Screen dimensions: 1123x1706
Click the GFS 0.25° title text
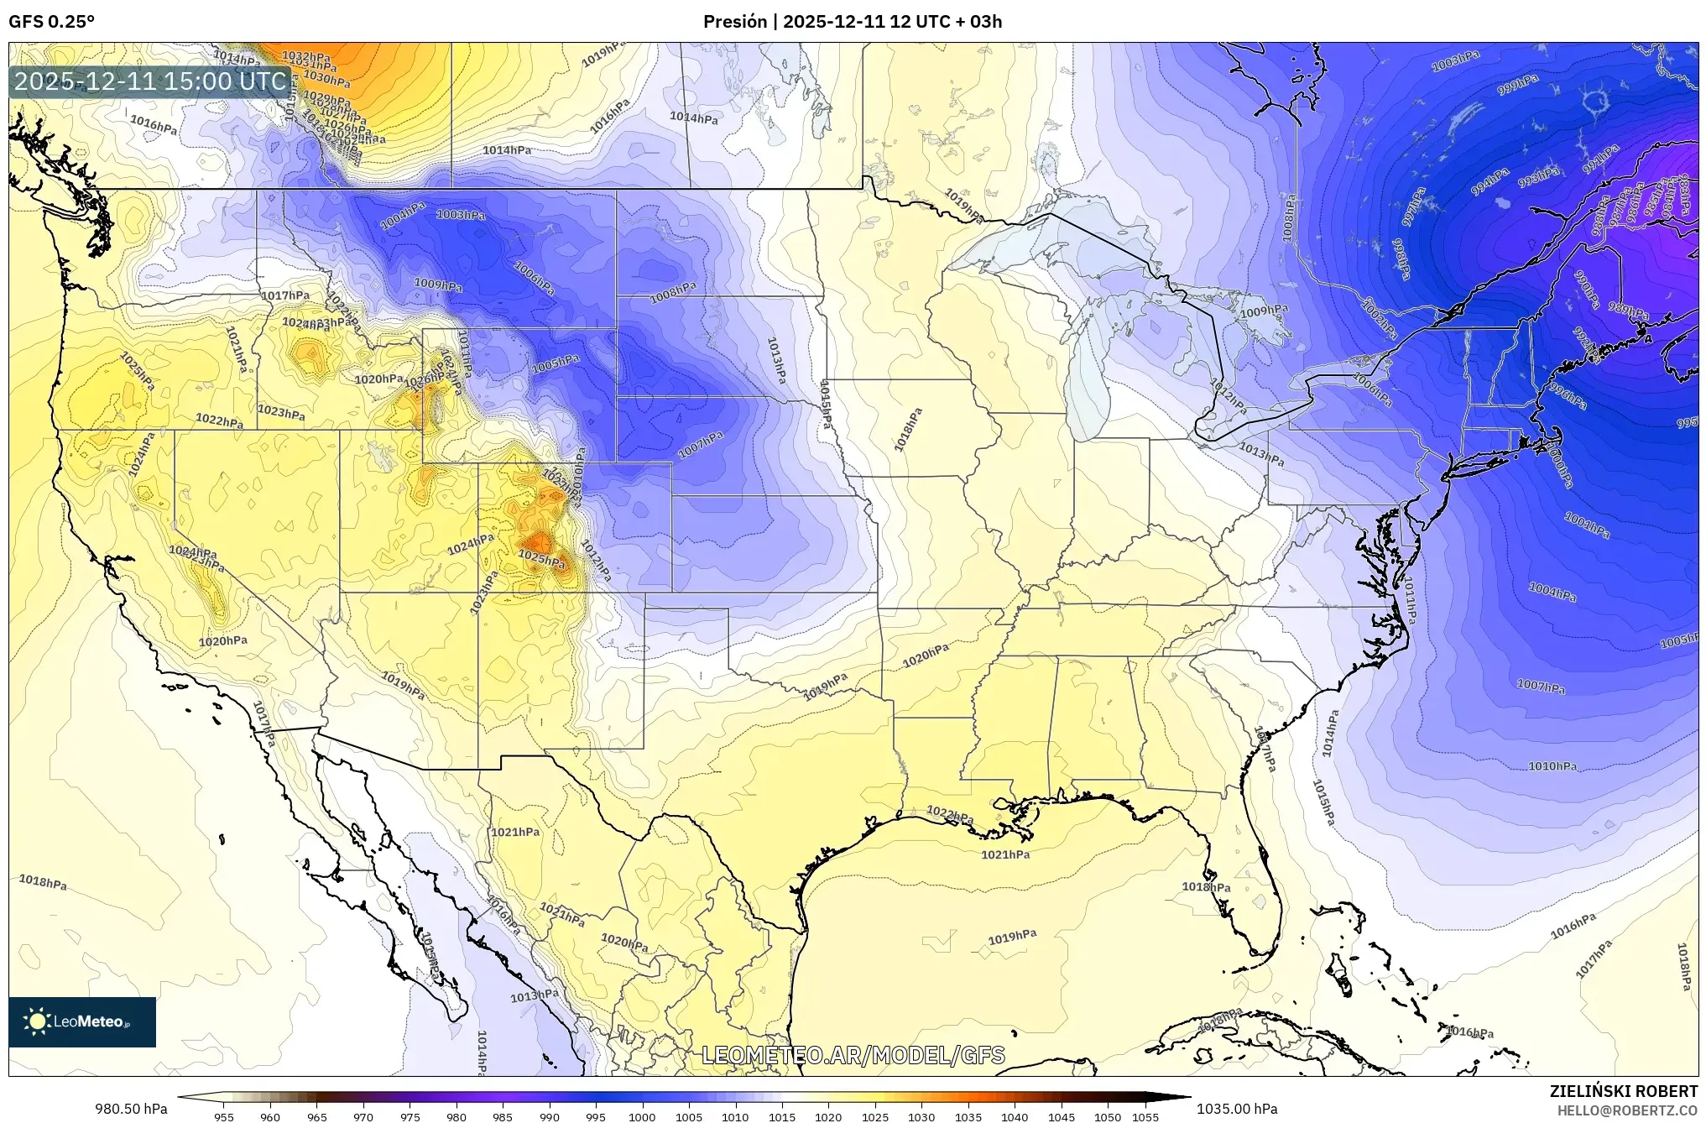pyautogui.click(x=51, y=22)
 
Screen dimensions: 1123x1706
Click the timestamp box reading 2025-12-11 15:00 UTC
pyautogui.click(x=151, y=81)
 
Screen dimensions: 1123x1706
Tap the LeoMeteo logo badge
pyautogui.click(x=82, y=1021)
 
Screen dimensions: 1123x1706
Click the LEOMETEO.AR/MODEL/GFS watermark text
pyautogui.click(x=853, y=1055)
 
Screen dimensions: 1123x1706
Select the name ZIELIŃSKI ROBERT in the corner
pyautogui.click(x=1623, y=1091)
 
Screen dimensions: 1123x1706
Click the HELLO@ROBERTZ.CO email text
pyautogui.click(x=1627, y=1110)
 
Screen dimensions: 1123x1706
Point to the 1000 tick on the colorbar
pyautogui.click(x=642, y=1116)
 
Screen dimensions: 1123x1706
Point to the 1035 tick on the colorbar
pyautogui.click(x=968, y=1116)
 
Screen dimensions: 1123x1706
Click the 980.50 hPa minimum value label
pyautogui.click(x=131, y=1109)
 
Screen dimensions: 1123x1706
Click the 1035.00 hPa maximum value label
pyautogui.click(x=1237, y=1109)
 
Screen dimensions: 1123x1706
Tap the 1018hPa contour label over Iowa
pyautogui.click(x=908, y=430)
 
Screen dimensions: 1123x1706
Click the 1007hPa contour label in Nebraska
pyautogui.click(x=700, y=445)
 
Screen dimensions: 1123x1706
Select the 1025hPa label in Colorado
pyautogui.click(x=540, y=557)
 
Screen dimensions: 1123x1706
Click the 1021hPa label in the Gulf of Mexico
pyautogui.click(x=1005, y=854)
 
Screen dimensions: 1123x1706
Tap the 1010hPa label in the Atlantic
pyautogui.click(x=1552, y=766)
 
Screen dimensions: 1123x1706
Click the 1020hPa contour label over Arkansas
pyautogui.click(x=926, y=656)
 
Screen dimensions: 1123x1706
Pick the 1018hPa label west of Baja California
pyautogui.click(x=43, y=882)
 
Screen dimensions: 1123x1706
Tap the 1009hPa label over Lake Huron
pyautogui.click(x=1264, y=311)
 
